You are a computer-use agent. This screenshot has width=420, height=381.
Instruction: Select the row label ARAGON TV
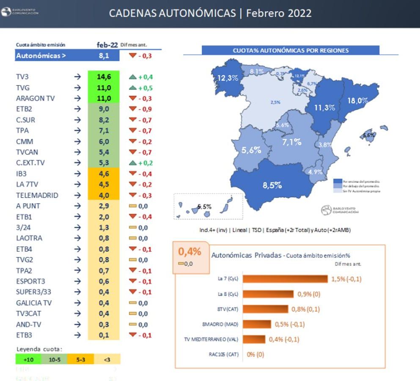(x=36, y=99)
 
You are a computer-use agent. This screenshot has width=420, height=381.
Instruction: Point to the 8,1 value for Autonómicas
(x=104, y=55)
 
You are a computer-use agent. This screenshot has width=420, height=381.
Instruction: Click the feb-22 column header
(x=107, y=44)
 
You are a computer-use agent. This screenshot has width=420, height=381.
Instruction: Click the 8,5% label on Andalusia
(x=272, y=185)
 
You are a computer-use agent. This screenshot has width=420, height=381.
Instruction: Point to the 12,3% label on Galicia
(x=228, y=78)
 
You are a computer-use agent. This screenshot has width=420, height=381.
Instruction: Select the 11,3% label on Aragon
(x=324, y=108)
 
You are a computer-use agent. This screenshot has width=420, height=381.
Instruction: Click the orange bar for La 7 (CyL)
(x=285, y=279)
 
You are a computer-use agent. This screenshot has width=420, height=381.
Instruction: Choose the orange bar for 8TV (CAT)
(x=266, y=309)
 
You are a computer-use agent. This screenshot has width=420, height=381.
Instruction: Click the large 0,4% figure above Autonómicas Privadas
(x=189, y=252)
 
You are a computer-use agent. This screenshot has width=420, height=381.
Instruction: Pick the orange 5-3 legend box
(x=80, y=359)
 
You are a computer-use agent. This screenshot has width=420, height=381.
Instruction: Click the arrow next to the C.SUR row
(x=77, y=120)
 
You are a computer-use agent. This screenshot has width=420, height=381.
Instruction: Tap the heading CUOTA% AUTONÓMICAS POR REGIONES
(x=291, y=50)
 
